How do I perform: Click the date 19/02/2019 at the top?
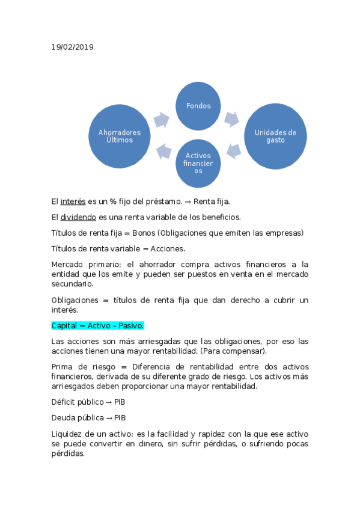[x=72, y=47]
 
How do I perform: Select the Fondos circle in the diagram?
[x=198, y=106]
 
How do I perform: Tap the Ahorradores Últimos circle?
[x=119, y=136]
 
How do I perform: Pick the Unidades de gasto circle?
[x=275, y=136]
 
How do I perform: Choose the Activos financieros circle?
[x=198, y=163]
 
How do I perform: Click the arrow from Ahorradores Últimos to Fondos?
[x=161, y=120]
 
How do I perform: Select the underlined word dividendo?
[x=78, y=217]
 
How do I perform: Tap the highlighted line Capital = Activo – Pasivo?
[x=97, y=325]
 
